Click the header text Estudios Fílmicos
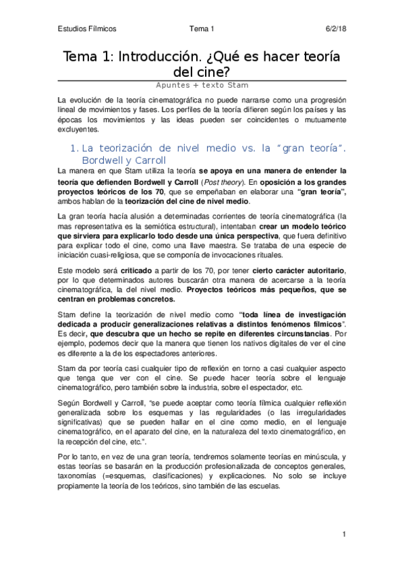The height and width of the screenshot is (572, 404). click(86, 29)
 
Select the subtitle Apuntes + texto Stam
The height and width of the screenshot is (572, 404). click(202, 85)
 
